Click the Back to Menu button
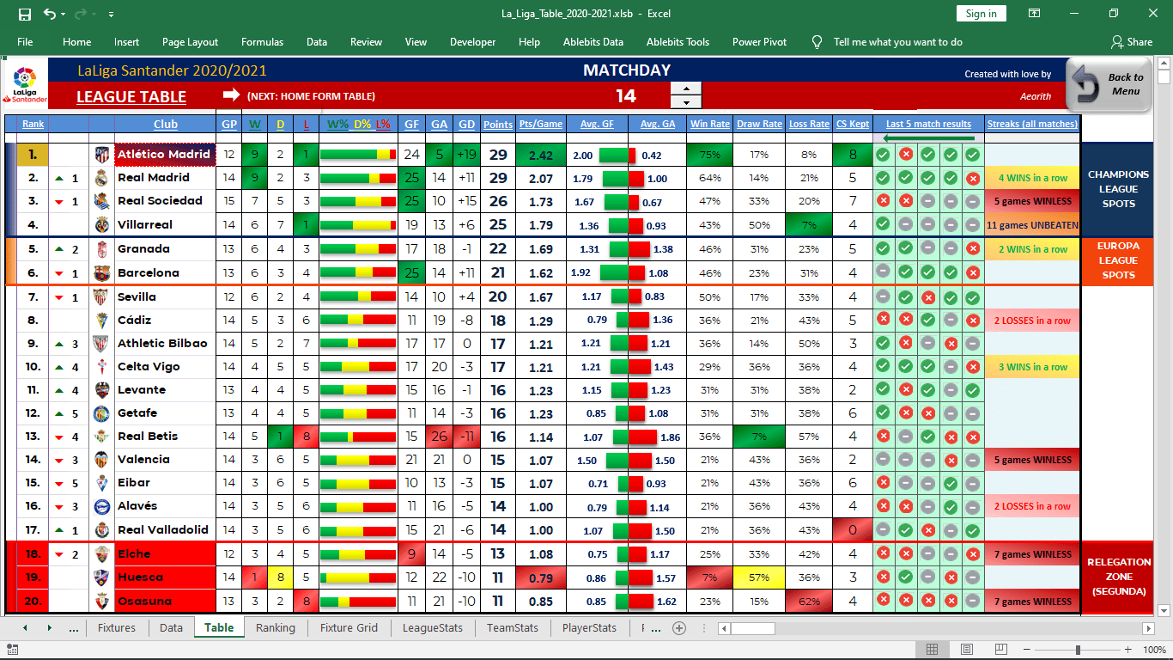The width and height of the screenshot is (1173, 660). [x=1109, y=84]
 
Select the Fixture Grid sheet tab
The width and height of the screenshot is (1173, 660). [x=349, y=627]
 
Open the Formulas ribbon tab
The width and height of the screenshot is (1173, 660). [x=262, y=42]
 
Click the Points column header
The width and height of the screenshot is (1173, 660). [x=498, y=125]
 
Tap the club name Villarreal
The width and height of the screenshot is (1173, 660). [x=145, y=224]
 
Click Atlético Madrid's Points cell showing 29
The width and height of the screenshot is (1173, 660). [x=498, y=155]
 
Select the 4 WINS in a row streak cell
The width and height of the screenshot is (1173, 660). [x=1032, y=178]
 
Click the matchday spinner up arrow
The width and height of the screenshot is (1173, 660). [x=685, y=89]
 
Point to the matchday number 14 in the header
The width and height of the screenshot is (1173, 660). [x=626, y=95]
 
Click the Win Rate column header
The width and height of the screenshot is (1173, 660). [x=710, y=125]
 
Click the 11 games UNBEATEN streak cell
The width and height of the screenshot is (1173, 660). [x=1032, y=224]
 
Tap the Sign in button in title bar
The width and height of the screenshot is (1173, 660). [x=981, y=14]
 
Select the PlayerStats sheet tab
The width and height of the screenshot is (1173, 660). [x=589, y=627]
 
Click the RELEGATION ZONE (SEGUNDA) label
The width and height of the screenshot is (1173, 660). [x=1119, y=577]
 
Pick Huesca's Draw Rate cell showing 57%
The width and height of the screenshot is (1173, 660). [x=758, y=577]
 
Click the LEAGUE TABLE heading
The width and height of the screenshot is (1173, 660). [x=131, y=97]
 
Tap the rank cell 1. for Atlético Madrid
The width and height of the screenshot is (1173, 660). [x=33, y=155]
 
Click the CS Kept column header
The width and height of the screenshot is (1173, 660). [x=853, y=125]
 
